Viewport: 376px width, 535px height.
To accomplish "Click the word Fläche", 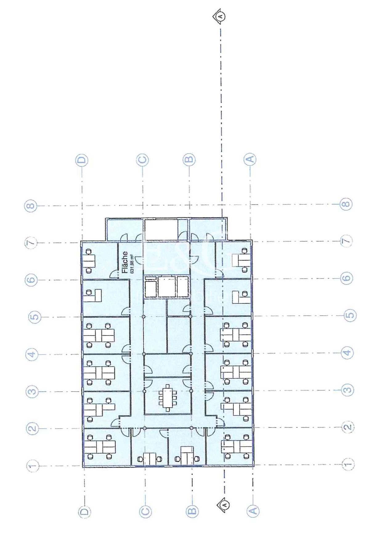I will tap(125, 262).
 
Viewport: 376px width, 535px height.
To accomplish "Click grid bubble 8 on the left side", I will tap(30, 206).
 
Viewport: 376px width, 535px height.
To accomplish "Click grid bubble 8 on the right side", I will tap(346, 204).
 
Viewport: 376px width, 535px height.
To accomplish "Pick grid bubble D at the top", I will tap(82, 160).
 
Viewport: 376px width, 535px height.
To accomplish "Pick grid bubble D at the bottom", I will tap(84, 512).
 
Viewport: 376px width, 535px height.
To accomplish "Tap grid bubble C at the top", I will tap(143, 160).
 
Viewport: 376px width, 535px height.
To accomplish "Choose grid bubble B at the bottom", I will tap(192, 511).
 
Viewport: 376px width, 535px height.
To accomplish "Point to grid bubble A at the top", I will tap(250, 159).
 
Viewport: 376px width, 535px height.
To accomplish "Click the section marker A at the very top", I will tap(220, 16).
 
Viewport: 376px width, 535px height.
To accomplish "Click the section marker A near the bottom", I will tap(224, 505).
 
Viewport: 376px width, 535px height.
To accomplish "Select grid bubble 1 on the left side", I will tap(33, 466).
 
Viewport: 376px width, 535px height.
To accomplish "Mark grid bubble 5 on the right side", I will tap(350, 315).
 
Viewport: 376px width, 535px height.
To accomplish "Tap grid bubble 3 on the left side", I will tap(32, 392).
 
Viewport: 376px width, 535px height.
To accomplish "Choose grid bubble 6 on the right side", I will tap(346, 278).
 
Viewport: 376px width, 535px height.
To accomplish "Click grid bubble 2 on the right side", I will tap(348, 427).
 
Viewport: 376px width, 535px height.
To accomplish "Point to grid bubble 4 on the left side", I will tap(32, 355).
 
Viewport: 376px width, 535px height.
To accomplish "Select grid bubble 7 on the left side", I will tap(31, 243).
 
